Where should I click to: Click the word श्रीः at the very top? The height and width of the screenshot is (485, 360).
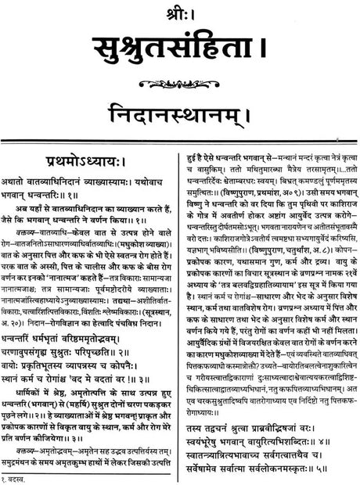tap(180, 9)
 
